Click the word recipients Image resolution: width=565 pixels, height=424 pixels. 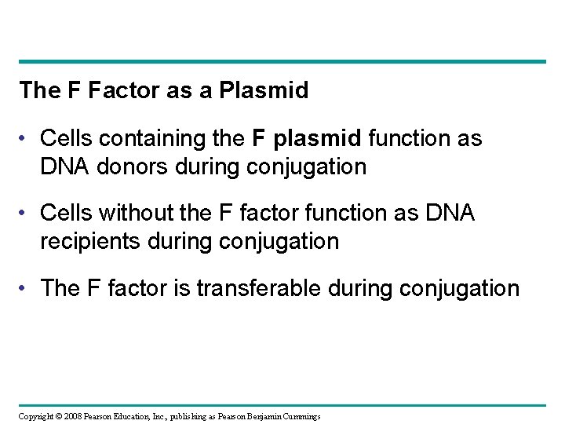point(86,242)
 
